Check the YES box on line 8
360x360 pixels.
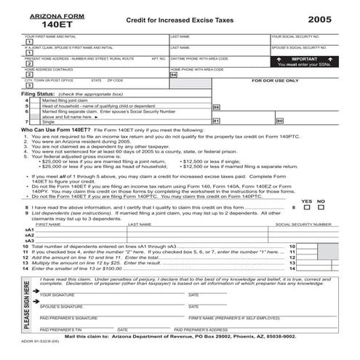(305, 207)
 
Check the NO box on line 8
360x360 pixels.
(321, 207)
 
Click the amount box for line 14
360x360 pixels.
(331, 269)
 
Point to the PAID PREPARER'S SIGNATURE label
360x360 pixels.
(69, 318)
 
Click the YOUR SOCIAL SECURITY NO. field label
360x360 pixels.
(294, 36)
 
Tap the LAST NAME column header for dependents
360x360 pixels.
(140, 225)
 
